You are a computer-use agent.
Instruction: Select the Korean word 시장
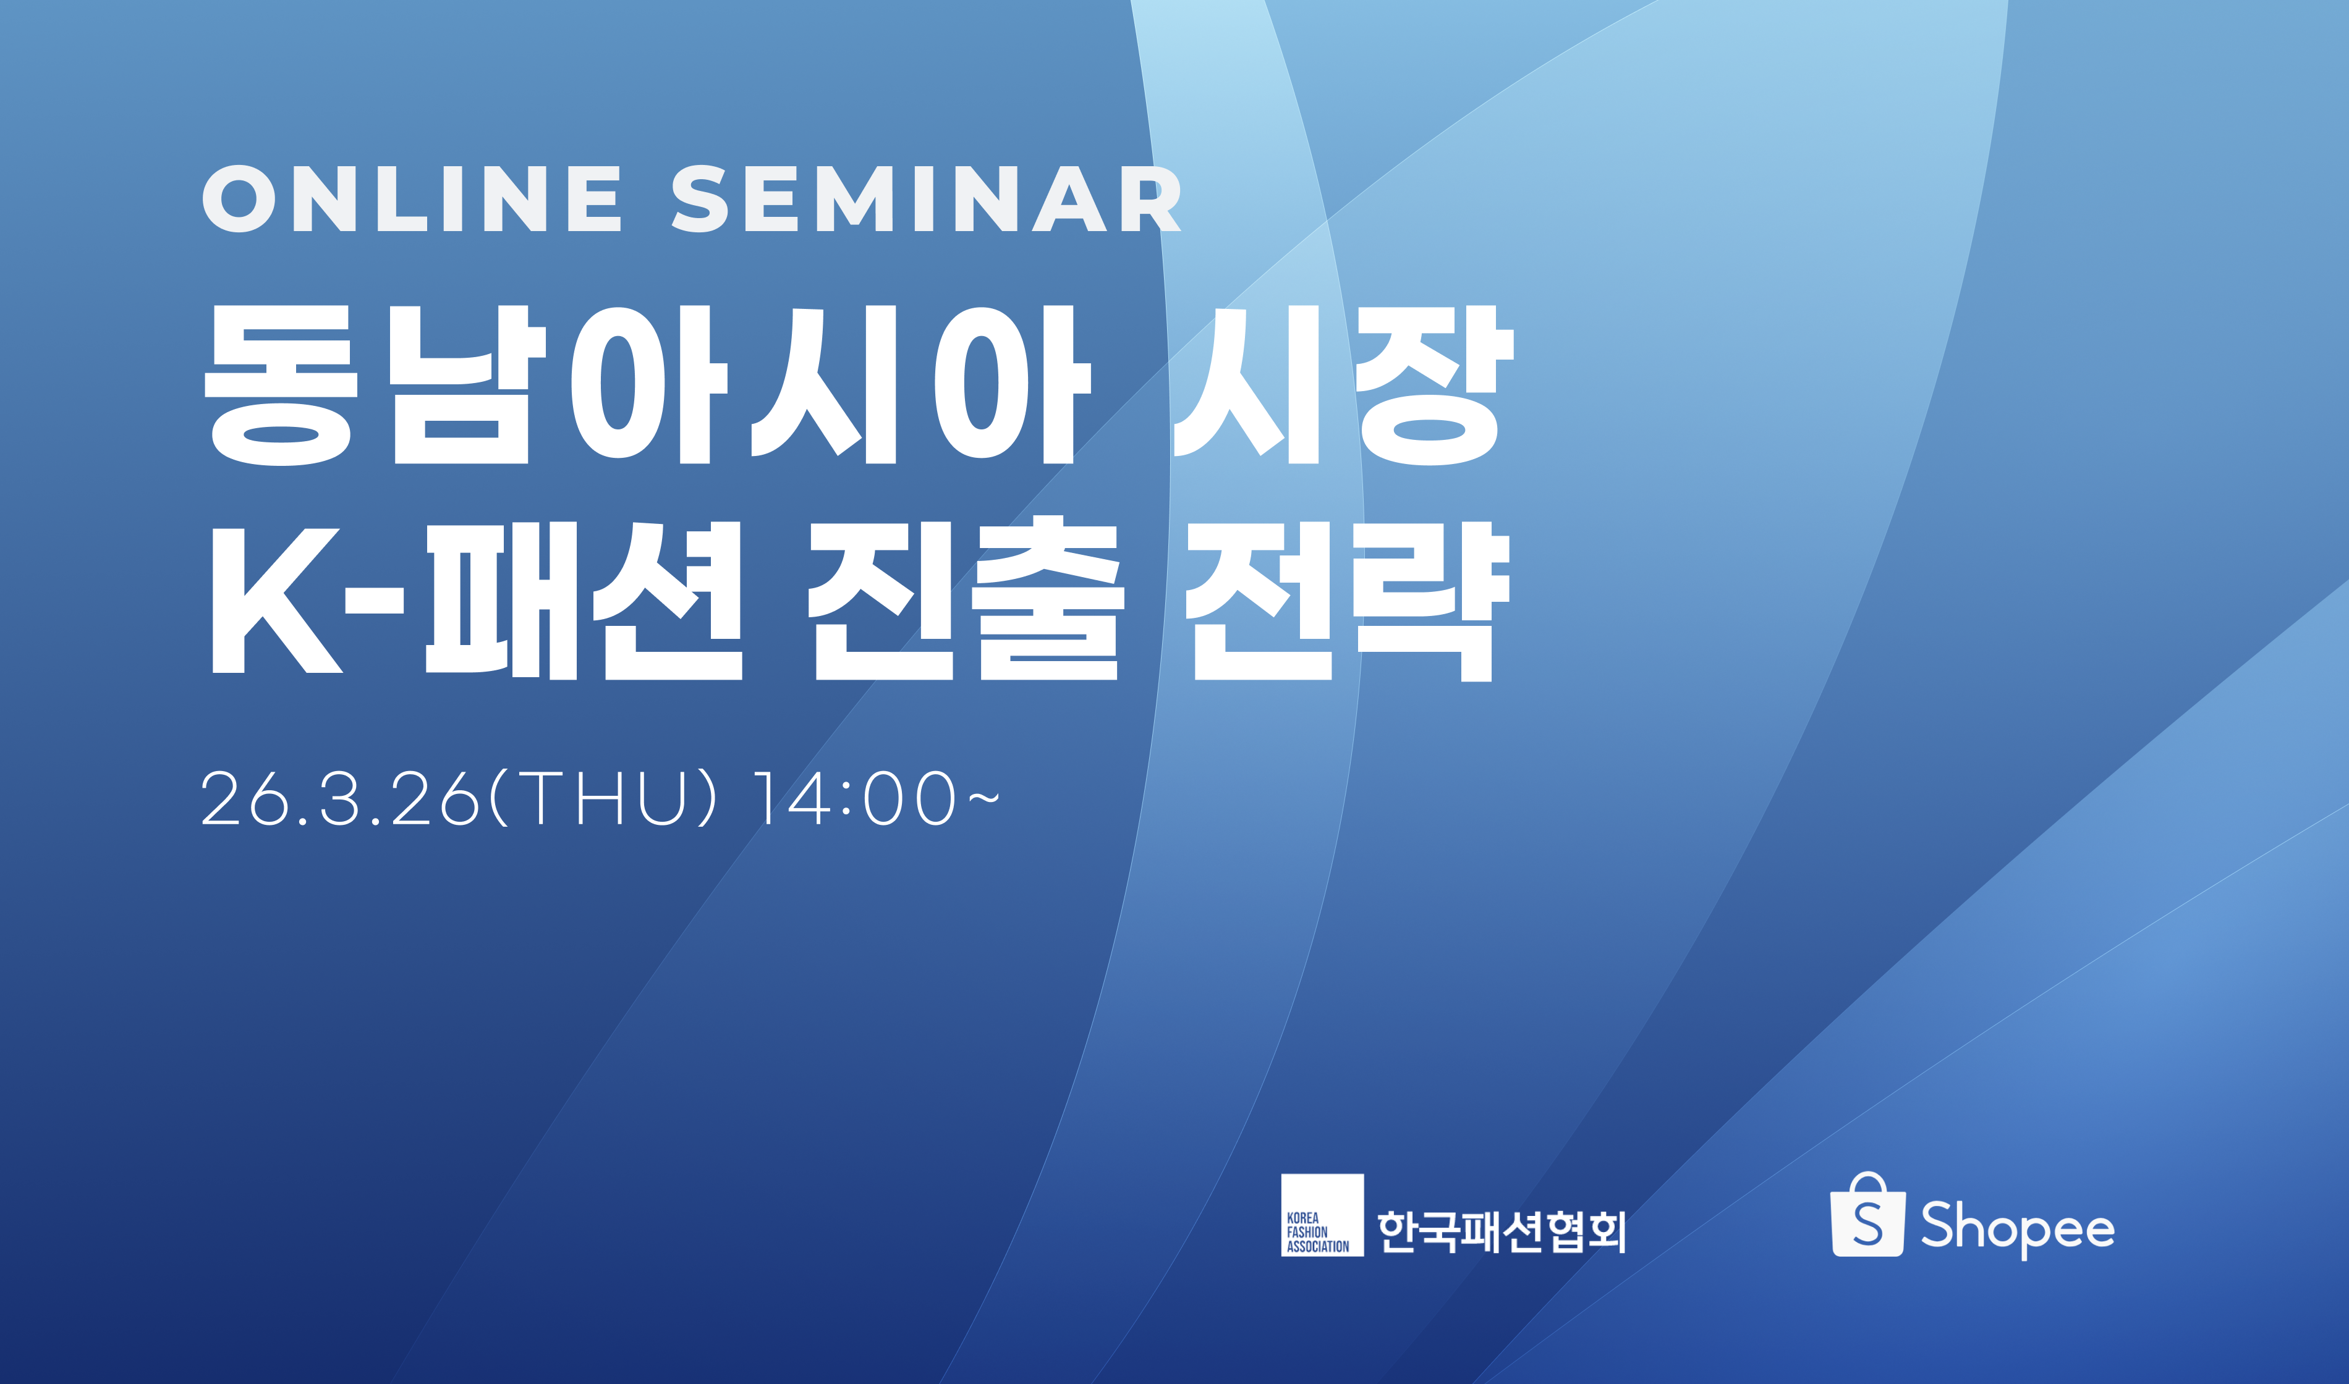pyautogui.click(x=1343, y=384)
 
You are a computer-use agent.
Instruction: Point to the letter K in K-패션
pyautogui.click(x=277, y=601)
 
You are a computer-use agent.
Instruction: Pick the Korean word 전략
pyautogui.click(x=1347, y=601)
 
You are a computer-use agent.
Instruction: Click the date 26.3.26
pyautogui.click(x=341, y=798)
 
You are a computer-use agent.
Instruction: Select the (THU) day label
pyautogui.click(x=603, y=798)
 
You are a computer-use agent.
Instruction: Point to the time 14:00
pyautogui.click(x=856, y=798)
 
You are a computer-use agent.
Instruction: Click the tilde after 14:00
pyautogui.click(x=984, y=798)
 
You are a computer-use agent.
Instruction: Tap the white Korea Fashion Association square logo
pyautogui.click(x=1322, y=1215)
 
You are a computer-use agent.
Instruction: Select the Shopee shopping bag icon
pyautogui.click(x=1867, y=1215)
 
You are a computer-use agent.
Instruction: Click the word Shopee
pyautogui.click(x=2018, y=1228)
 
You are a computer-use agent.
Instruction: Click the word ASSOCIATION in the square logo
pyautogui.click(x=1318, y=1246)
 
